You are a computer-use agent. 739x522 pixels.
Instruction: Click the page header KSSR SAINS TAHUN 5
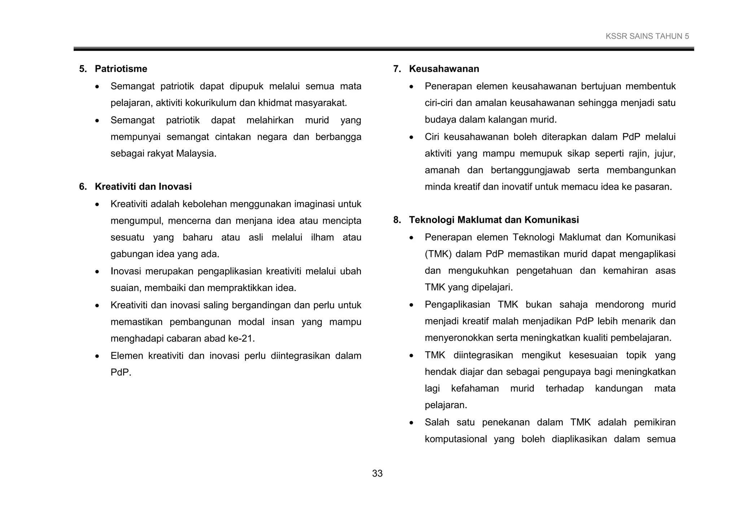click(647, 36)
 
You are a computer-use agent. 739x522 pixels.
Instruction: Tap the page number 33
click(377, 473)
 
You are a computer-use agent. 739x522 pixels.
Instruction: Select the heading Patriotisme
click(121, 69)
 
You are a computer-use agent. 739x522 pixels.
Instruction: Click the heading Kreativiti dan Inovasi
click(143, 187)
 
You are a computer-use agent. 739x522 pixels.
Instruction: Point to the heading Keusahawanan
click(444, 69)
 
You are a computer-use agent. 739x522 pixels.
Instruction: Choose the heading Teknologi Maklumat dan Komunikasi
click(494, 220)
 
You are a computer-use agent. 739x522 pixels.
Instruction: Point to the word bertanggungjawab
click(530, 170)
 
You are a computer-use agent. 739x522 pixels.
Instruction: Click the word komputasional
click(456, 439)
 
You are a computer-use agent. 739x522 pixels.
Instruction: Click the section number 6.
click(83, 187)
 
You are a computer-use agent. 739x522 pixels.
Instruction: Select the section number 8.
click(397, 220)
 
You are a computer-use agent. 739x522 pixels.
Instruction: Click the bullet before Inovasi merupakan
click(97, 272)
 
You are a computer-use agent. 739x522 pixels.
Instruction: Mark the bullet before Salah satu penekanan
click(411, 423)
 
